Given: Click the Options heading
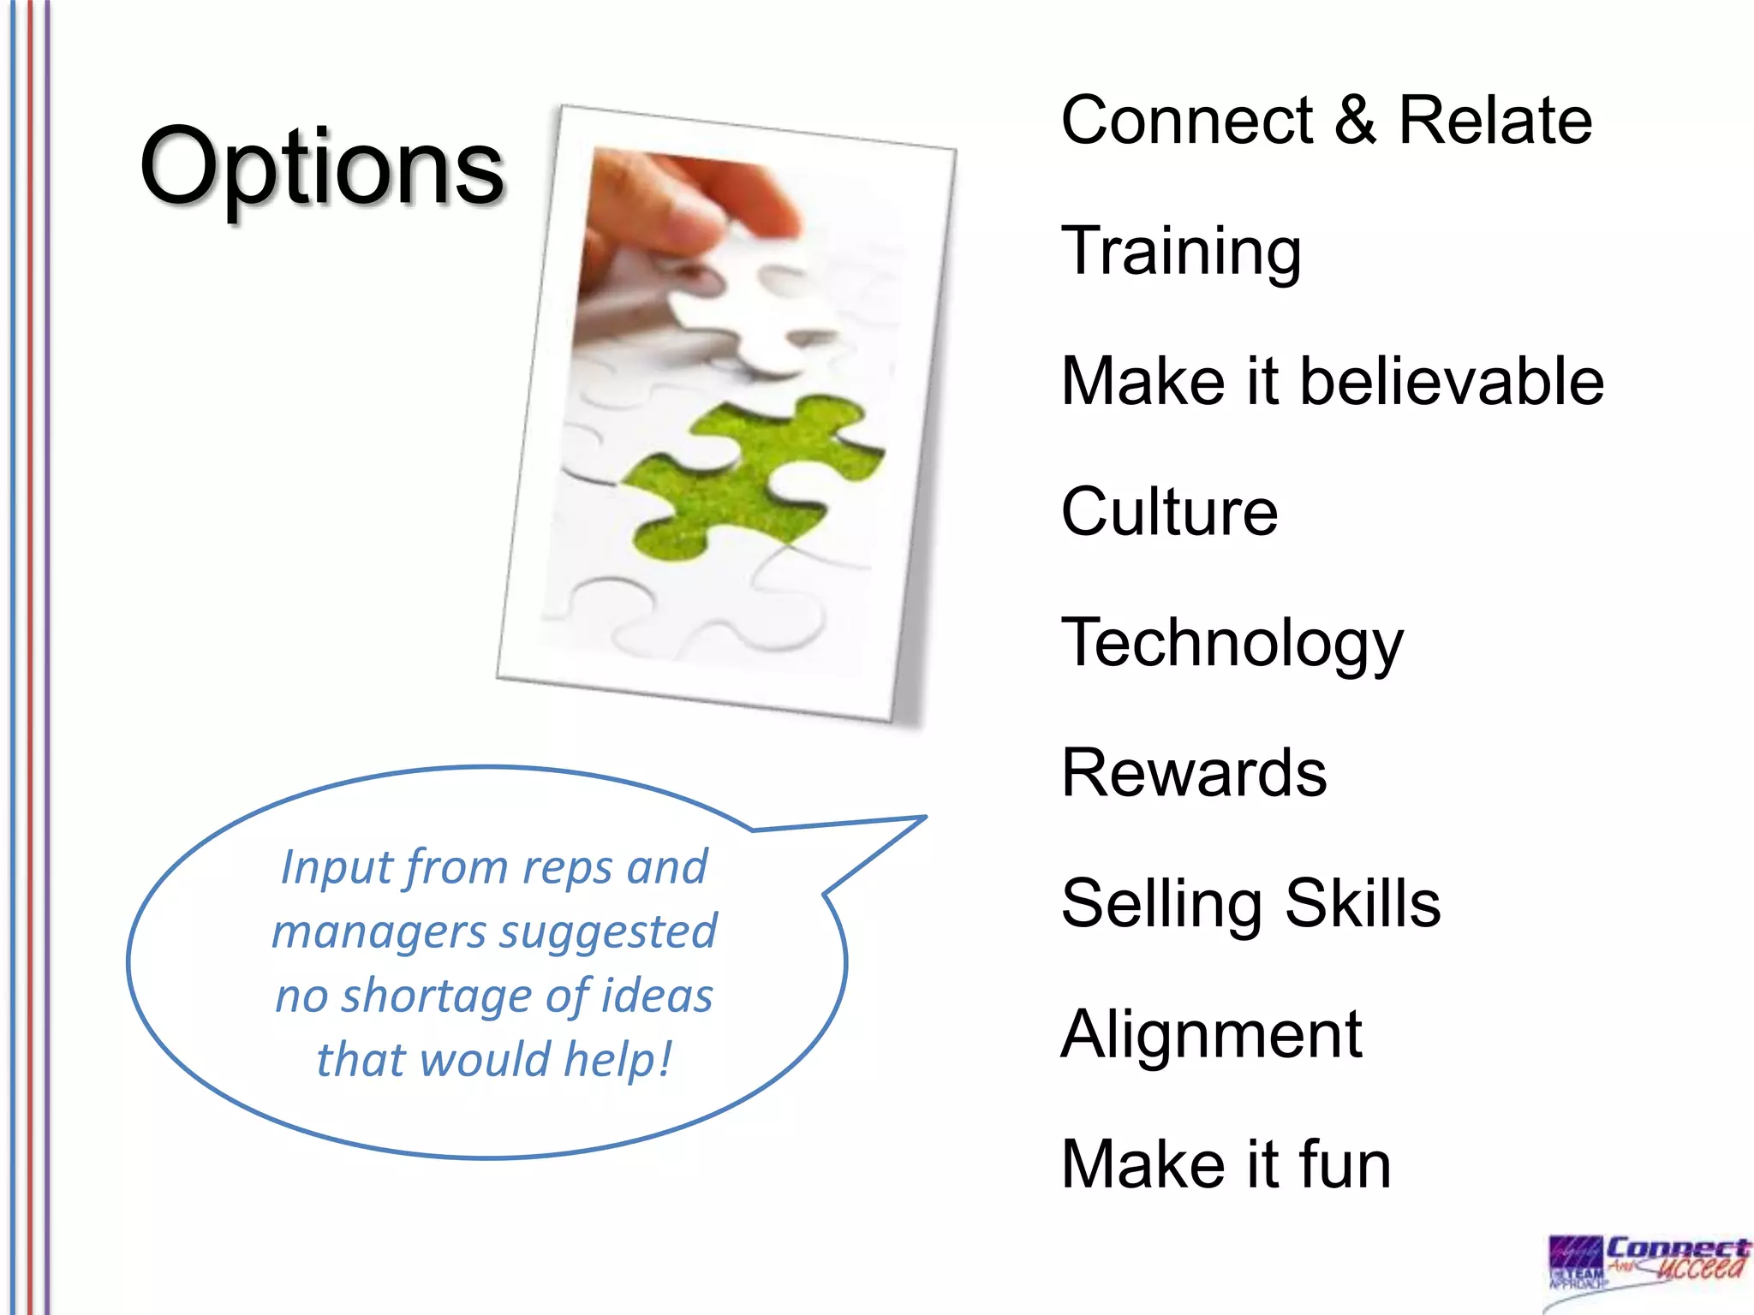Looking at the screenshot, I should (322, 168).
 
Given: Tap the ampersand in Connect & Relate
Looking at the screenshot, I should (1355, 121).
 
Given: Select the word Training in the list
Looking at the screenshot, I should (1181, 251).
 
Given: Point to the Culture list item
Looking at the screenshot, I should (1169, 512).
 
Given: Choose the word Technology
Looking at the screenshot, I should (1232, 644).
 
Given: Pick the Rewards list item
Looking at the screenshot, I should (1194, 773).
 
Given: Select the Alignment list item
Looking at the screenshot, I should (1211, 1034).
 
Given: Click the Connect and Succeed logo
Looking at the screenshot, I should (1650, 1272).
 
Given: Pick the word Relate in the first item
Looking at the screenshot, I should (1494, 121).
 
